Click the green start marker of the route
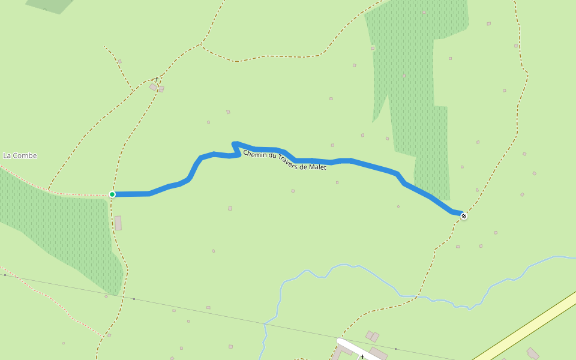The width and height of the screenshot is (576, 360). tap(112, 194)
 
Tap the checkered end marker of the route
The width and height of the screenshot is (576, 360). tap(464, 215)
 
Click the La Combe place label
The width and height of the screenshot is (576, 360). tap(20, 156)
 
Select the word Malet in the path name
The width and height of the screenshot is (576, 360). tap(317, 167)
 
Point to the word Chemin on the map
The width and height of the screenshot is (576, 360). tap(256, 154)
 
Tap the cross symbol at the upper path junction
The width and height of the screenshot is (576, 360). tap(157, 79)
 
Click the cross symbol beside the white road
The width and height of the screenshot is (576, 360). tap(362, 356)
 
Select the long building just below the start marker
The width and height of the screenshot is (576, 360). tap(118, 223)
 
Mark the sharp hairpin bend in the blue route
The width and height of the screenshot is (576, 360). tap(235, 144)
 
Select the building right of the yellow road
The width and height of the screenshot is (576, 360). tap(533, 353)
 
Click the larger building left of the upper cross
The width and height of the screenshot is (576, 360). tap(153, 87)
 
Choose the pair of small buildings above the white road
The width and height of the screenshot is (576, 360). tap(372, 336)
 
